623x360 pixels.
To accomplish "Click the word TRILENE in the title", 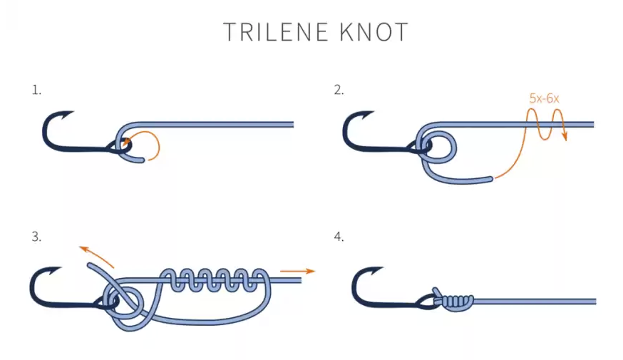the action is point(276,32).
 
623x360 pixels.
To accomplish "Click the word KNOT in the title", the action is point(374,32).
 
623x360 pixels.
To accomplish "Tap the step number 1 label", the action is point(36,91).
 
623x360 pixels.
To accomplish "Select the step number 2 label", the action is point(339,91).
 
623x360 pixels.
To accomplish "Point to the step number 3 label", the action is point(36,237).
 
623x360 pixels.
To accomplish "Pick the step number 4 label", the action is point(339,237).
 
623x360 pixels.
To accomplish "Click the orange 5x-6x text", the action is point(544,98).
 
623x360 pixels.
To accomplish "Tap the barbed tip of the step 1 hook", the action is point(73,112).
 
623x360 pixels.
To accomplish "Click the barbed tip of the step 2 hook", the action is point(374,112).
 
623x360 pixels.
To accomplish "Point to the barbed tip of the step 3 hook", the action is point(61,268).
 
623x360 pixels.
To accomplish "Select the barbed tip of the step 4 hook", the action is point(382,268).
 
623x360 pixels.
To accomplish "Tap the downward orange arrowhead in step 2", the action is point(565,137).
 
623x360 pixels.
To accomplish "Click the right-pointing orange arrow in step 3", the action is point(297,271).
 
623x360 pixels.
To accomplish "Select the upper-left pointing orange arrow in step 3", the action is point(96,257).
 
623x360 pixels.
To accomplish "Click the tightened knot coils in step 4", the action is point(458,302).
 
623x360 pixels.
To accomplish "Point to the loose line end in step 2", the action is point(491,179).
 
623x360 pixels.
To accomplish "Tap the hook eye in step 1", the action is point(119,148).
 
